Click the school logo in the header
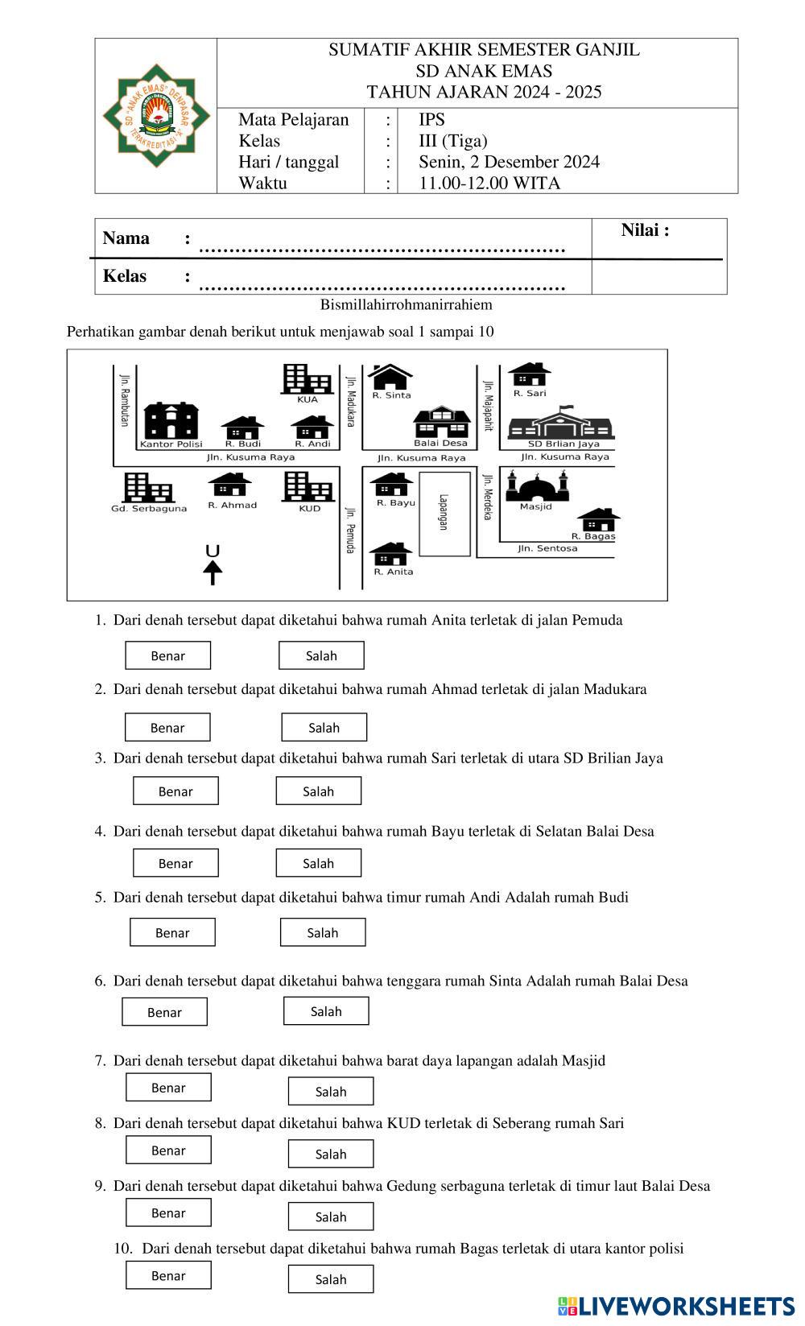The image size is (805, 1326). (156, 116)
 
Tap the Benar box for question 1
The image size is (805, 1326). (167, 655)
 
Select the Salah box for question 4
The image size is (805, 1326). (318, 863)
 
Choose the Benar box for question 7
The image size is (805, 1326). (168, 1088)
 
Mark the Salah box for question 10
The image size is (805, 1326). (331, 1279)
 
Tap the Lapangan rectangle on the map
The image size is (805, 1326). (444, 514)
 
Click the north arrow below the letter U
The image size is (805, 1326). (213, 572)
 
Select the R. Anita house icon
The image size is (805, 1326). (391, 554)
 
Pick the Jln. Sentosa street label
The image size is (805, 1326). (547, 549)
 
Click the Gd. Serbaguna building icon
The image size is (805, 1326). (148, 487)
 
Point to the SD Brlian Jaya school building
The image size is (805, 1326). (563, 423)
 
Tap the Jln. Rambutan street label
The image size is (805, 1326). (124, 399)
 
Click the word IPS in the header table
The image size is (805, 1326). (431, 120)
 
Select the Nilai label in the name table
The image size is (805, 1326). (645, 230)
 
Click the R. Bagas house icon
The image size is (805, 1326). (598, 519)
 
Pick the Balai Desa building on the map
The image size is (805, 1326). (441, 422)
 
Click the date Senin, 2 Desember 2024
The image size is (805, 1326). (509, 162)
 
